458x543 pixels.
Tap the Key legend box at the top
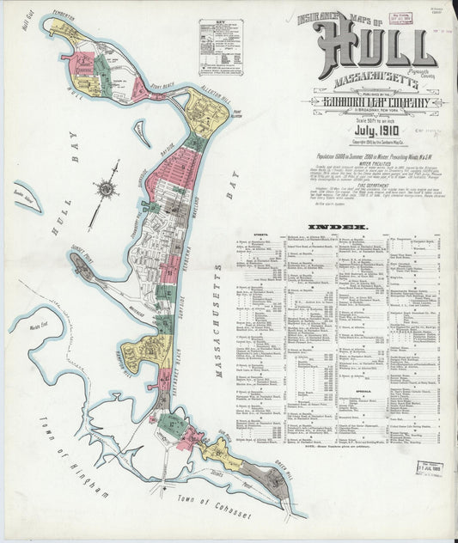(x=220, y=48)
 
